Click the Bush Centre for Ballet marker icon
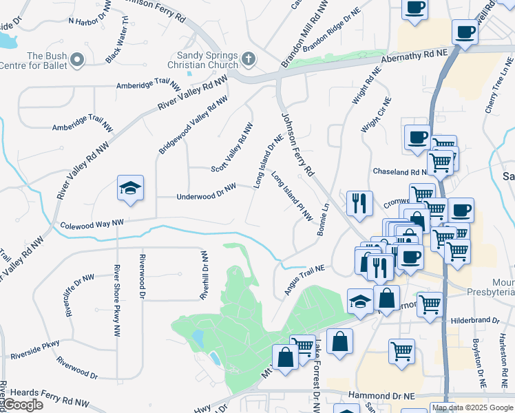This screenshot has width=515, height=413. click(76, 61)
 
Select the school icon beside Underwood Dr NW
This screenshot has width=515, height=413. click(129, 189)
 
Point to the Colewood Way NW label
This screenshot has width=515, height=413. click(92, 224)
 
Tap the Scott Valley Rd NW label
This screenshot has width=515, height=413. click(232, 148)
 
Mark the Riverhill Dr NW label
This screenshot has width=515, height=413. click(204, 274)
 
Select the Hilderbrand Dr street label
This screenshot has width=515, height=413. click(475, 320)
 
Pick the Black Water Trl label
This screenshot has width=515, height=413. click(117, 40)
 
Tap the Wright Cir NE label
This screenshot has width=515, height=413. click(377, 114)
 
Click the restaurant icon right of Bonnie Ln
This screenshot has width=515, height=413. click(359, 202)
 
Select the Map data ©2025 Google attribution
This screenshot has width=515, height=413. click(472, 407)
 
